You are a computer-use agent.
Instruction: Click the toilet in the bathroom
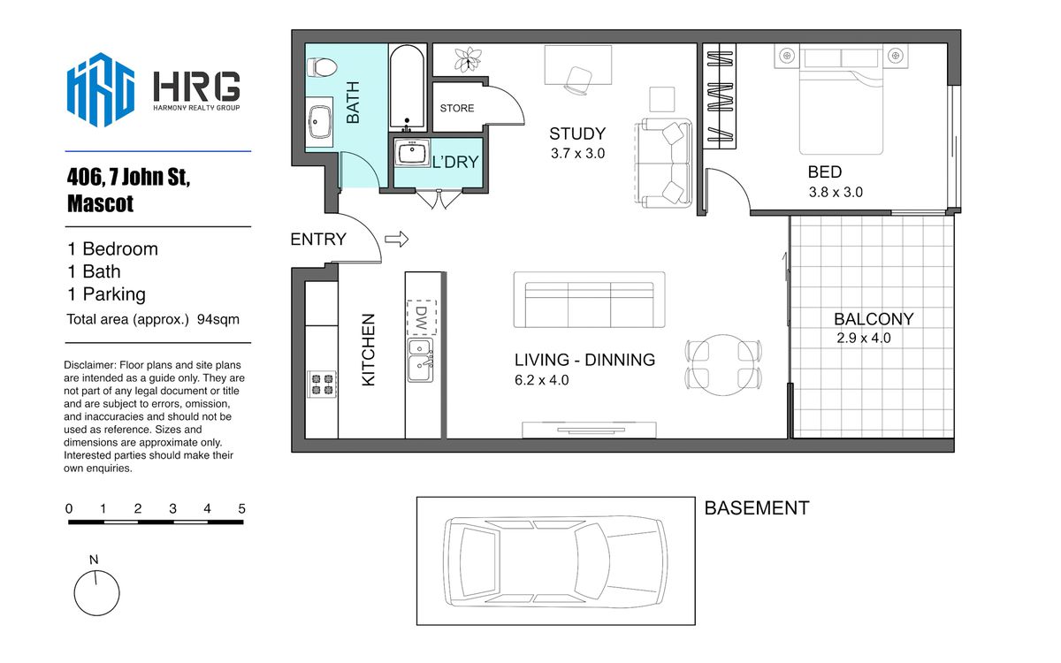pyautogui.click(x=322, y=67)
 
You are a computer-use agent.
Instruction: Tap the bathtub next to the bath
pyautogui.click(x=407, y=88)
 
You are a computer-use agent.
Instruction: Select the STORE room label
pyautogui.click(x=456, y=108)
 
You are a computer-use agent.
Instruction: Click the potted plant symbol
pyautogui.click(x=468, y=59)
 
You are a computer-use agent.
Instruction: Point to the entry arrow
pyautogui.click(x=396, y=240)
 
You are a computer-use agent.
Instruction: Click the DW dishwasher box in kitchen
pyautogui.click(x=421, y=317)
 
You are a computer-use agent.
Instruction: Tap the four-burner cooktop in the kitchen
pyautogui.click(x=322, y=384)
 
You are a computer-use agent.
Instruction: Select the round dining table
pyautogui.click(x=723, y=365)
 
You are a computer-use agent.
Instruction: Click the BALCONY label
pyautogui.click(x=874, y=319)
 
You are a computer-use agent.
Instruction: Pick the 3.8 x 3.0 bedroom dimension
pyautogui.click(x=836, y=193)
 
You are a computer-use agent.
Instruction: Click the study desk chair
pyautogui.click(x=578, y=80)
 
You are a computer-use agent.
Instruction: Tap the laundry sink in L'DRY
pyautogui.click(x=412, y=152)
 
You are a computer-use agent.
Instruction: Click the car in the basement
pyautogui.click(x=555, y=561)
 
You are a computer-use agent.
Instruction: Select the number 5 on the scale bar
pyautogui.click(x=241, y=508)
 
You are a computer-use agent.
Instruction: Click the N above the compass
pyautogui.click(x=94, y=560)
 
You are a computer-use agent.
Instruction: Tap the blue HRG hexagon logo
pyautogui.click(x=101, y=89)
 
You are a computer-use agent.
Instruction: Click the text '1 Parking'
pyautogui.click(x=107, y=294)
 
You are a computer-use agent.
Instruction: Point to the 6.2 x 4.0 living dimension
pyautogui.click(x=541, y=380)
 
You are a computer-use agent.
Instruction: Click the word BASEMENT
pyautogui.click(x=757, y=508)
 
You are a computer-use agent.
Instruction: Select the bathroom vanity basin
pyautogui.click(x=320, y=122)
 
